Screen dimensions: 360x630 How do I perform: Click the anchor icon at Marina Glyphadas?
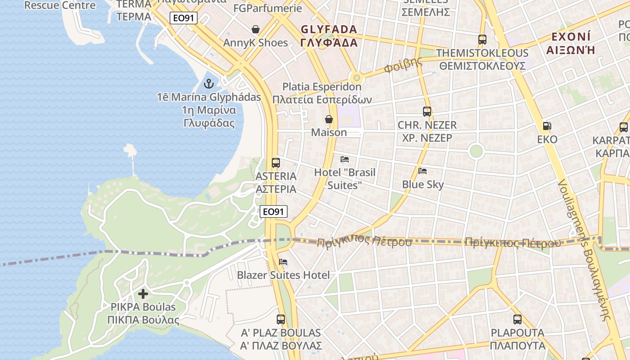(x=208, y=83)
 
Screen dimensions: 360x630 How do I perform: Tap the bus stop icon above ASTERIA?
(x=275, y=163)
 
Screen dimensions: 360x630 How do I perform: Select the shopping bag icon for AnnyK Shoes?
(x=256, y=30)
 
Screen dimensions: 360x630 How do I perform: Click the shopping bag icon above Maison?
(x=329, y=119)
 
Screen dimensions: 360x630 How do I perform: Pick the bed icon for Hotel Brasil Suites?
(x=345, y=159)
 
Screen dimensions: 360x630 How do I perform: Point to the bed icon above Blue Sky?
(x=422, y=171)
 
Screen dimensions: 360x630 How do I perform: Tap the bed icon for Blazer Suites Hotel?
(x=283, y=262)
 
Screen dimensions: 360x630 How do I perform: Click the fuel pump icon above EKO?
(x=547, y=126)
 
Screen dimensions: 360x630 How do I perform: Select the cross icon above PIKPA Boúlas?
(x=143, y=294)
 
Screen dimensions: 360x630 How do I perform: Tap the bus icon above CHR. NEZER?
(x=427, y=111)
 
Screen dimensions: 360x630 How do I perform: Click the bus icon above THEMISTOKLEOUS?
(x=482, y=40)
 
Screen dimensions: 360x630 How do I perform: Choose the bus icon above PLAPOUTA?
(x=517, y=319)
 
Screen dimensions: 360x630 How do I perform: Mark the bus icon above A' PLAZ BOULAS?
(x=281, y=319)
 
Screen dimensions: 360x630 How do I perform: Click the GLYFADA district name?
(x=329, y=30)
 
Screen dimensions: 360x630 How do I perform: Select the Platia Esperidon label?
(x=322, y=87)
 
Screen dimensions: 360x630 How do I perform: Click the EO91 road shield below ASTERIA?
(x=274, y=211)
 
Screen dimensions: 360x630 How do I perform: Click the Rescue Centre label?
(x=60, y=5)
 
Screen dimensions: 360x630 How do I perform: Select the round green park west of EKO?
(x=476, y=151)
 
